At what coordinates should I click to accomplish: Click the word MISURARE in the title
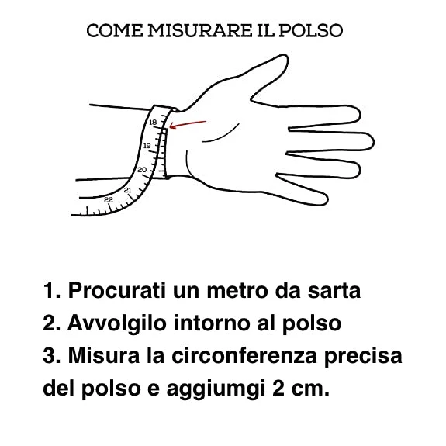(x=199, y=30)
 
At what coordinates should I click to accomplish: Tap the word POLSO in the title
(x=310, y=30)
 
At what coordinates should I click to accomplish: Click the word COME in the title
(x=115, y=30)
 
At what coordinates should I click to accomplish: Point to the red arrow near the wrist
(x=188, y=124)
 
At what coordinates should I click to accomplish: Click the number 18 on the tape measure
(x=153, y=123)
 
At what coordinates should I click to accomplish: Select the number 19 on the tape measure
(x=147, y=146)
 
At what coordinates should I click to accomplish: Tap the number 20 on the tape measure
(x=142, y=170)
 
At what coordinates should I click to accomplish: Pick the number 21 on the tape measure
(x=127, y=190)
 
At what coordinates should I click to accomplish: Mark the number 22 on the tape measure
(x=109, y=200)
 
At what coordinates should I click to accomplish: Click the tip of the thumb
(x=285, y=56)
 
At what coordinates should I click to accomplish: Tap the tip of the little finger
(x=327, y=200)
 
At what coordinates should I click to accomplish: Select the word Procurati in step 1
(x=117, y=291)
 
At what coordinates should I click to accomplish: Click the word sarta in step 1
(x=334, y=291)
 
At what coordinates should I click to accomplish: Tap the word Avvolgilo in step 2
(x=117, y=323)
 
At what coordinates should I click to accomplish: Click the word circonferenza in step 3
(x=244, y=355)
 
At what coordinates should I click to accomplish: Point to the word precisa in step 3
(x=363, y=356)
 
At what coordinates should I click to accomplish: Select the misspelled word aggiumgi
(x=216, y=389)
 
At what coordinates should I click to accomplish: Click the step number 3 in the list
(x=49, y=355)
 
